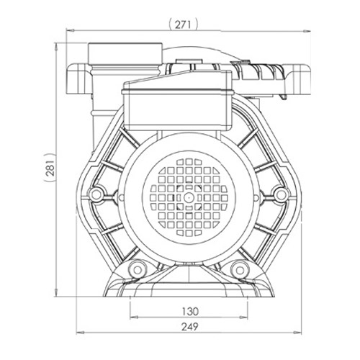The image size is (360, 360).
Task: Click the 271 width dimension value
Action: (x=183, y=24)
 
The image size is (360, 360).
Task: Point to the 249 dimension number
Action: (x=189, y=327)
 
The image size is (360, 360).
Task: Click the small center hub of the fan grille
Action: (x=189, y=197)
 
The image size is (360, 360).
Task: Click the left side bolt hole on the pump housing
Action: (x=96, y=194)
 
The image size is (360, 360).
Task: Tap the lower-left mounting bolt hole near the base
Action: (x=138, y=269)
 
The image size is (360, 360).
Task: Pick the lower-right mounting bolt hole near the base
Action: (x=239, y=270)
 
